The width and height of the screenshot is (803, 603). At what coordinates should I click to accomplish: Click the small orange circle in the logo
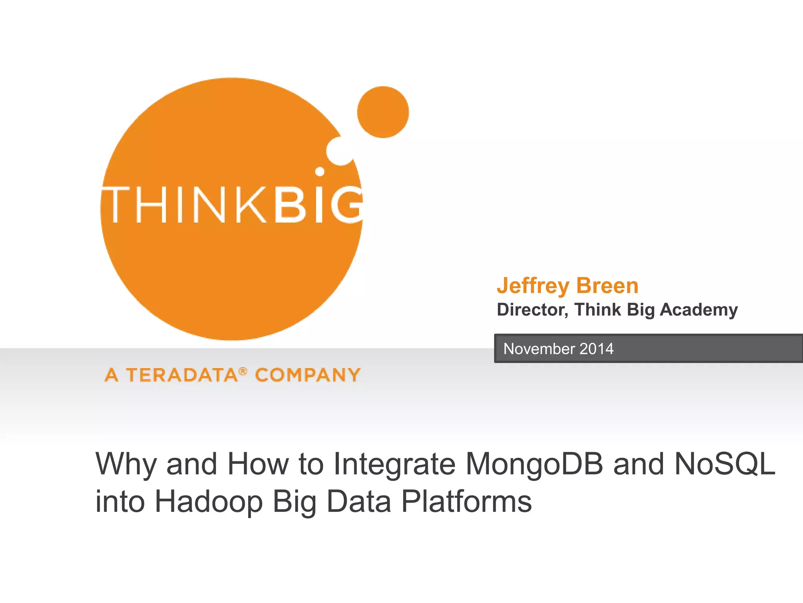[x=383, y=112]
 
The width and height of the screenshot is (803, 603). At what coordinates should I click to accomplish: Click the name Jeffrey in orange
[x=533, y=286]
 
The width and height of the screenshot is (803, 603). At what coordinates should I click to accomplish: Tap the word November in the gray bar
[x=540, y=349]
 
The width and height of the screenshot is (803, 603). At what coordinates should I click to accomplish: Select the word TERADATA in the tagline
[x=182, y=375]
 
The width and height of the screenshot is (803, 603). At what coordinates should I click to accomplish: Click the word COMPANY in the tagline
[x=308, y=375]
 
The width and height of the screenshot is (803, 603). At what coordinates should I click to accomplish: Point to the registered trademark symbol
[x=243, y=371]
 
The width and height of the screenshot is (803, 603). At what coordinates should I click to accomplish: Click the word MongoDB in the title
[x=534, y=464]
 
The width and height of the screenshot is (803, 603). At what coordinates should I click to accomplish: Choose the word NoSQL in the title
[x=725, y=464]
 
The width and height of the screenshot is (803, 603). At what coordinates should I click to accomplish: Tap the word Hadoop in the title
[x=209, y=502]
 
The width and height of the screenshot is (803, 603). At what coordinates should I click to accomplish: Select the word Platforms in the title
[x=467, y=502]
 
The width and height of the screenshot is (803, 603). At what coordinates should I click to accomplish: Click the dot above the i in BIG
[x=320, y=172]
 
